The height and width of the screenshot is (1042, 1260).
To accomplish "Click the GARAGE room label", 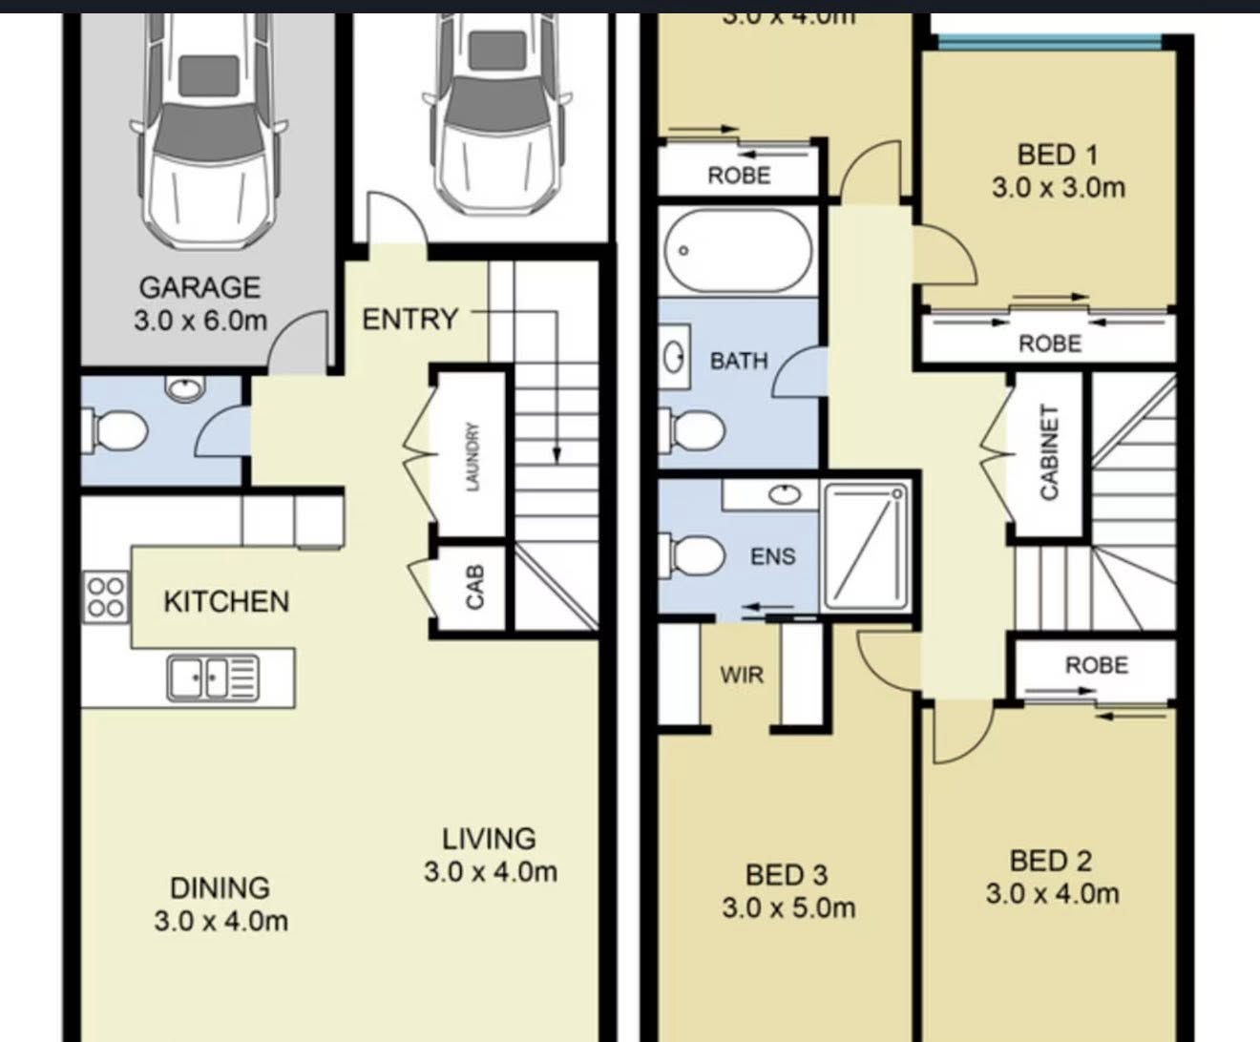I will click(199, 287).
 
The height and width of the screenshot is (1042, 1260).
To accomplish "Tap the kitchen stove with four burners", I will click(105, 596).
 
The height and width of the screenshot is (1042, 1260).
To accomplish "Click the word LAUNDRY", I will click(472, 457).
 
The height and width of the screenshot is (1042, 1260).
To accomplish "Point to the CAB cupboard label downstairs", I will click(475, 587).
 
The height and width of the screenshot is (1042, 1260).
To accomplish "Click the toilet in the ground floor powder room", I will click(116, 430).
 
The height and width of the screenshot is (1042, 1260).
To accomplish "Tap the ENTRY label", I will click(409, 319).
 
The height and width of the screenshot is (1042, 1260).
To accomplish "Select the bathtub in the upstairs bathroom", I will click(739, 251).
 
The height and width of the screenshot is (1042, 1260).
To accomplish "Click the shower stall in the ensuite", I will click(866, 547).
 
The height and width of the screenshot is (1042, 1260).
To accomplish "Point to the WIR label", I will click(742, 675).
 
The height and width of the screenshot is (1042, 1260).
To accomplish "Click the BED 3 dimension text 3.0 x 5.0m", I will click(788, 907).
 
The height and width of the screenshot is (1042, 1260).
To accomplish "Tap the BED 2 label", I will click(1051, 861).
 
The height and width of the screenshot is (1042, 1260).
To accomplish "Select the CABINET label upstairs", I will click(1049, 452).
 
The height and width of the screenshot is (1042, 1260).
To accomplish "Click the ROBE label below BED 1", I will click(1049, 344).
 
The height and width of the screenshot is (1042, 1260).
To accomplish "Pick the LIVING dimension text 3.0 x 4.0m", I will click(490, 871).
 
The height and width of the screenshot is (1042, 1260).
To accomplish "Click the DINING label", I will click(220, 887).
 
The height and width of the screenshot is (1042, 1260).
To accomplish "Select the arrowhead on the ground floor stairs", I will click(556, 456).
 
